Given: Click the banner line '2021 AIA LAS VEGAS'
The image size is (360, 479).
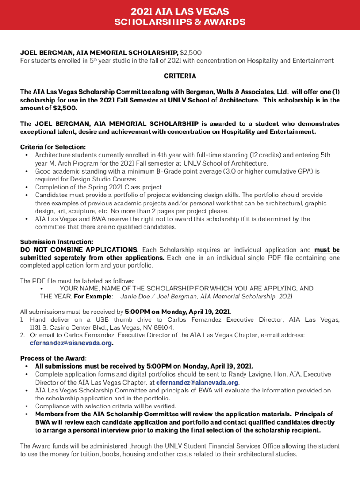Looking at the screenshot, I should click(x=180, y=11).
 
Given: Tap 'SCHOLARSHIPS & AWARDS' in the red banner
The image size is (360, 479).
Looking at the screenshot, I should click(x=180, y=22).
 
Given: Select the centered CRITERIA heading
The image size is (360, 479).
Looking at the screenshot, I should click(x=180, y=76).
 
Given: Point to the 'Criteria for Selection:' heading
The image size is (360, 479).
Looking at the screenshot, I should click(x=53, y=147).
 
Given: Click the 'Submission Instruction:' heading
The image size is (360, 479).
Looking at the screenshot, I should click(x=56, y=242).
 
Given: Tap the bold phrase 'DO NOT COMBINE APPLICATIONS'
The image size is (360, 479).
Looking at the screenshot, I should click(x=79, y=250).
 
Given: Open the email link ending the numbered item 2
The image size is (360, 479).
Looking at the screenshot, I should click(x=71, y=343).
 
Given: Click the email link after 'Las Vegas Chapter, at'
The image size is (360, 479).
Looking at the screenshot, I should click(x=197, y=382).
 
